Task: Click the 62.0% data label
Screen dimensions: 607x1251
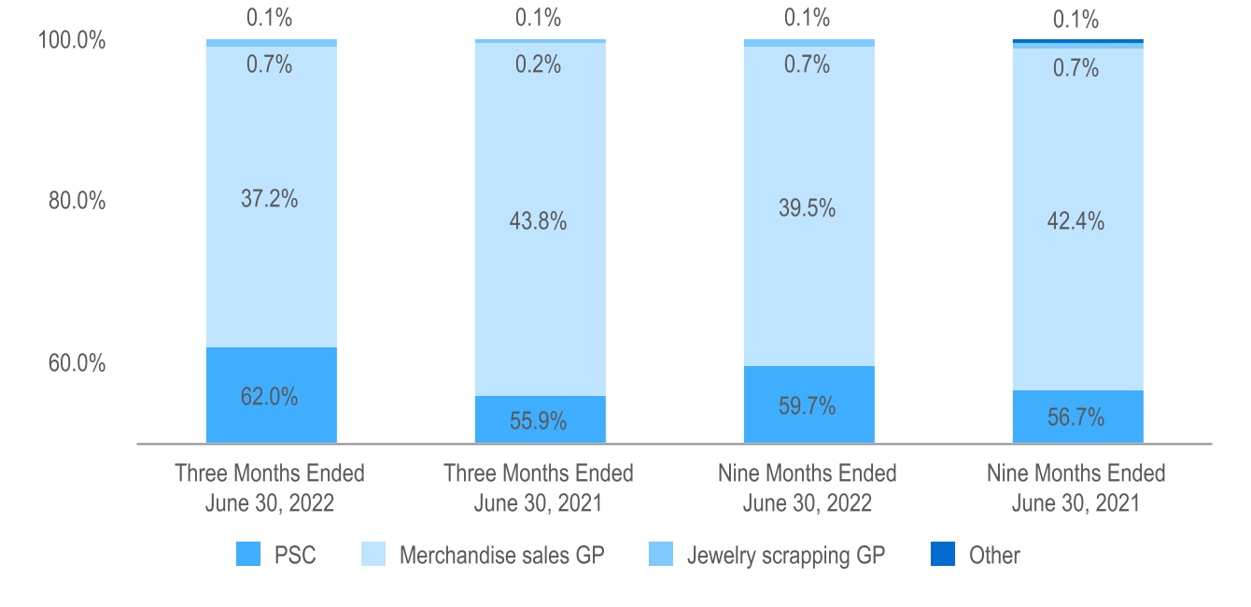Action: [x=271, y=396]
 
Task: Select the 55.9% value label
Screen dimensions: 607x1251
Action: [x=540, y=421]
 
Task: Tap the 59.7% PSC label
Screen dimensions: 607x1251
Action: [x=808, y=406]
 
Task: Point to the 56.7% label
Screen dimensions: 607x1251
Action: [x=1077, y=417]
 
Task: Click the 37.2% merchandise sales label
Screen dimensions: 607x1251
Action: [x=271, y=198]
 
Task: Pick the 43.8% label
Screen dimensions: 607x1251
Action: [x=540, y=221]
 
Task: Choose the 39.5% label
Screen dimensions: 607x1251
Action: [x=808, y=207]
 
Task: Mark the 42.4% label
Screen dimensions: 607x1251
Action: [x=1077, y=221]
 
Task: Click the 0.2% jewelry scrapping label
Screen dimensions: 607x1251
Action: [x=540, y=64]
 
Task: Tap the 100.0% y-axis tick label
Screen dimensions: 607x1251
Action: [x=71, y=41]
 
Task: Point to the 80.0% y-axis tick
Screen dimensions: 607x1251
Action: [x=76, y=202]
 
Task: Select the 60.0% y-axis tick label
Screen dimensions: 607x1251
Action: [x=76, y=362]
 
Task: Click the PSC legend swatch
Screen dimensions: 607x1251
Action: [x=248, y=556]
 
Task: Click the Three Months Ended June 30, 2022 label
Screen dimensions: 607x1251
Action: [x=270, y=487]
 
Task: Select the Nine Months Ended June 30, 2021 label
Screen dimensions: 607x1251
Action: [x=1076, y=487]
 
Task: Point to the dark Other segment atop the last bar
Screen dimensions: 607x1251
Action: [x=1077, y=41]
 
